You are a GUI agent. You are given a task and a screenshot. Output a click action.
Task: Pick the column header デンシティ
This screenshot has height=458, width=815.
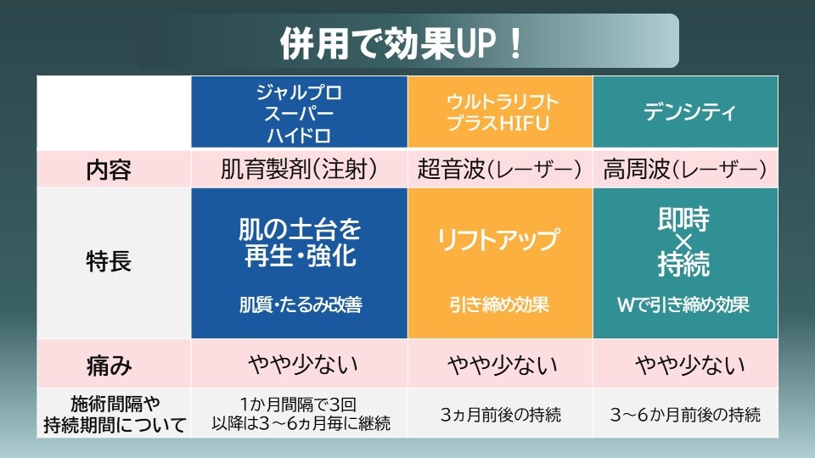pos(686,112)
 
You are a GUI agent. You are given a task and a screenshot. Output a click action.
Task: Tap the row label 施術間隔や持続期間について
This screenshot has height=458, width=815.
pos(115,414)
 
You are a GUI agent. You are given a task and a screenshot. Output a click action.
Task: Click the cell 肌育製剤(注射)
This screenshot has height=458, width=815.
pos(299,170)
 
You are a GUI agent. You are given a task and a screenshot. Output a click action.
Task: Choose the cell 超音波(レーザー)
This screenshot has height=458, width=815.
pos(499,170)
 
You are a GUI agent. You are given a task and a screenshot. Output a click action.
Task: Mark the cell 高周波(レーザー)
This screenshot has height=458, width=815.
pos(685,170)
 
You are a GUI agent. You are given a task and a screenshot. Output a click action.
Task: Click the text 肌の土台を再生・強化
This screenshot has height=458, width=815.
pos(299,243)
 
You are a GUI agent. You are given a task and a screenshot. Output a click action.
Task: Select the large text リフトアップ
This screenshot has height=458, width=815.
pos(499,240)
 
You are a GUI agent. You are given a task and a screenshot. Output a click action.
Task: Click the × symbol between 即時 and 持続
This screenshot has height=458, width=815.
pos(684,243)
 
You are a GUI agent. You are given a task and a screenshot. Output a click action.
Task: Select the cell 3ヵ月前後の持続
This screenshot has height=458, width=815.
pos(501,415)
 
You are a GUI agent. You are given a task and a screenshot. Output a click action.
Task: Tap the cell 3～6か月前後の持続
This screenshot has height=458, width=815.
pos(685,415)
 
